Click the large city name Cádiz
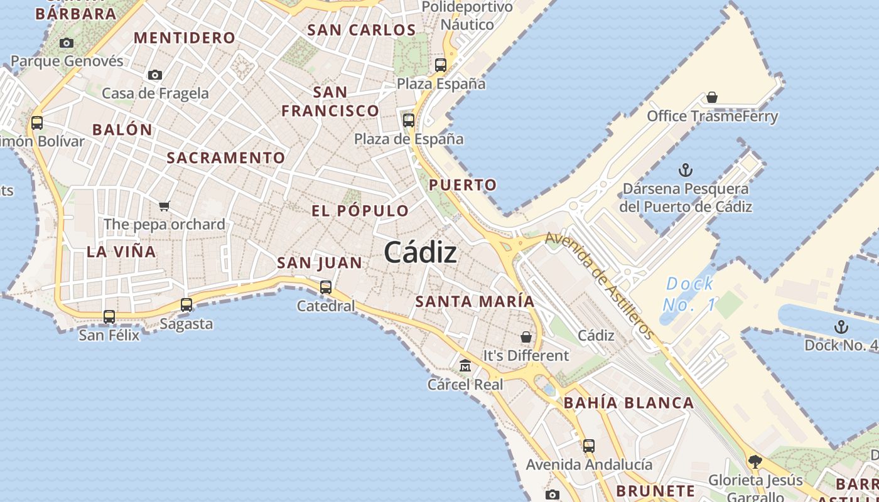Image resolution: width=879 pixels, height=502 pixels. click(x=420, y=253)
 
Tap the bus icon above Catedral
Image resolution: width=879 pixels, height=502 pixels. click(x=325, y=287)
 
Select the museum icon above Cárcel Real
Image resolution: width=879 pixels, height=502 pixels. click(x=465, y=365)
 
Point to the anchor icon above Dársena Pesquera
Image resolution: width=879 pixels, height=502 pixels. click(x=686, y=170)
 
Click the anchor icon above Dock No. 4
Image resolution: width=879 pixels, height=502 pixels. click(x=840, y=327)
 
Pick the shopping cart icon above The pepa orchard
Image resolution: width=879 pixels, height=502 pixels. click(x=164, y=206)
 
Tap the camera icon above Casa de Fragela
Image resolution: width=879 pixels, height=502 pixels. click(x=155, y=75)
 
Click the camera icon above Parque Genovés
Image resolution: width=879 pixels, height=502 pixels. click(x=67, y=43)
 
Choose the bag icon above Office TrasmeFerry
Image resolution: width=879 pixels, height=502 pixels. click(x=712, y=97)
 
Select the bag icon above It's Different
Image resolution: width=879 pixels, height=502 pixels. click(x=526, y=337)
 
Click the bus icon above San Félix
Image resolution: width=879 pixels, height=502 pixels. click(x=109, y=317)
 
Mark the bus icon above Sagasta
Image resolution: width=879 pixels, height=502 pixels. click(x=186, y=305)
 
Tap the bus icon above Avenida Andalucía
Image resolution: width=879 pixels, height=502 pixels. click(x=588, y=446)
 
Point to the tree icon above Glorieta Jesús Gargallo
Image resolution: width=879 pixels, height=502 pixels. click(x=755, y=462)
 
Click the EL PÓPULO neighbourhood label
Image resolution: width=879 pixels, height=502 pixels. click(x=360, y=211)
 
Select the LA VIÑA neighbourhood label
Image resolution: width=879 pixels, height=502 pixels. click(x=121, y=252)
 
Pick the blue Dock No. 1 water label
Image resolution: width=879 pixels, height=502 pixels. click(x=689, y=294)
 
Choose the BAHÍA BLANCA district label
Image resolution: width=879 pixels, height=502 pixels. click(x=628, y=403)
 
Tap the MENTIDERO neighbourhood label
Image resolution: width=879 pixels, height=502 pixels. click(x=185, y=38)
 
